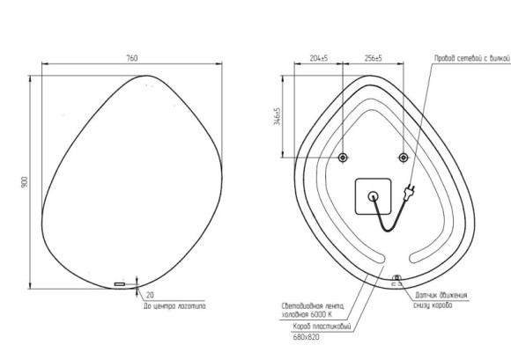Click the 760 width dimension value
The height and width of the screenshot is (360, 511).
click(x=132, y=58)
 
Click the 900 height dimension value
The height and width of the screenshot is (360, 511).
click(x=26, y=180)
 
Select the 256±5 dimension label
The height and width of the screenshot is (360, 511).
click(x=373, y=58)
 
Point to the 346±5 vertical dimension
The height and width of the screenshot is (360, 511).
click(x=278, y=117)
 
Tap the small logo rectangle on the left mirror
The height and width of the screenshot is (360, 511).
click(x=120, y=284)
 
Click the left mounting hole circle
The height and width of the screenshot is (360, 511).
click(x=344, y=158)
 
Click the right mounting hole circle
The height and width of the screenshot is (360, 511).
click(x=403, y=158)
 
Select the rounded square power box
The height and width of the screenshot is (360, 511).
click(x=373, y=195)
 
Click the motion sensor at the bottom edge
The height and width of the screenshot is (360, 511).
click(x=396, y=279)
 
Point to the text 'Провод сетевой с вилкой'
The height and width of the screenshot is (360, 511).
click(x=471, y=58)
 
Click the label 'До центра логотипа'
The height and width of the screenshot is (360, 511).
click(x=174, y=307)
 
